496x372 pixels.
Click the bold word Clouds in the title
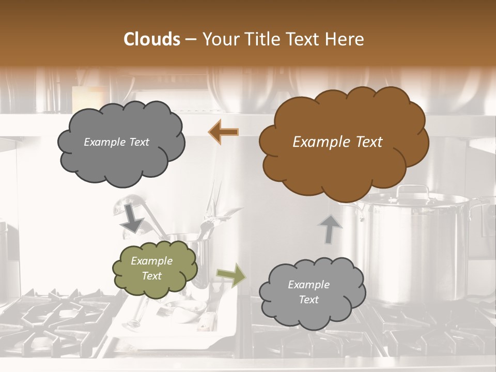point(152,39)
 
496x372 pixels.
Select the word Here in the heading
point(346,39)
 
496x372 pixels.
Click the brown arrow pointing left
point(223,132)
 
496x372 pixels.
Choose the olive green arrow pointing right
point(231,275)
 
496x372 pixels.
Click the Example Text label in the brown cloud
point(337,142)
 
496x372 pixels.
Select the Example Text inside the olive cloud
point(151,268)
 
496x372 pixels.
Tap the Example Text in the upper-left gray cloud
point(116,142)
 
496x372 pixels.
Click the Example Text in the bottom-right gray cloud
point(308,292)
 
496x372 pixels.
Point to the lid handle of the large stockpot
point(413,190)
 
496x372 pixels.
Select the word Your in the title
point(221,39)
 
